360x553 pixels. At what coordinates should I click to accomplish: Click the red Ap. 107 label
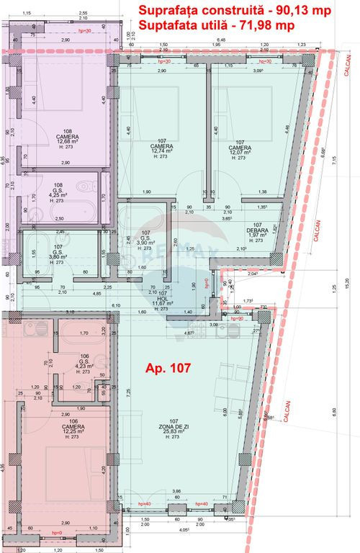[168, 367]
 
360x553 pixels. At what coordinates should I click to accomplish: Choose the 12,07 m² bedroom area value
[240, 152]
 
